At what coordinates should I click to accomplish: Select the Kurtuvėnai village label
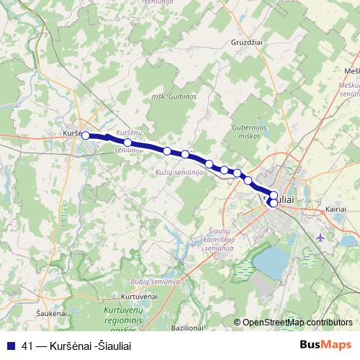pyautogui.click(x=139, y=297)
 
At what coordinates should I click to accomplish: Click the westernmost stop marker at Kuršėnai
pyautogui.click(x=86, y=135)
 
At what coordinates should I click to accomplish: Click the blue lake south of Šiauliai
pyautogui.click(x=271, y=262)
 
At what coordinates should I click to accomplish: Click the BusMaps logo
pyautogui.click(x=325, y=345)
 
